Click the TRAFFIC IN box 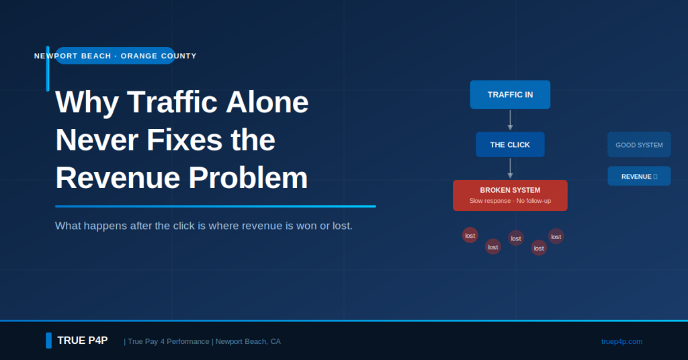(510, 94)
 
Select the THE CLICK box (510, 144)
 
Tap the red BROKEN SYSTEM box (510, 195)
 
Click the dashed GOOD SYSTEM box (639, 144)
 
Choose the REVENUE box (639, 176)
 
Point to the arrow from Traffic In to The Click (510, 120)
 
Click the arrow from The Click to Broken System (510, 169)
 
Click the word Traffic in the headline (172, 102)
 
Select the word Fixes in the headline (185, 140)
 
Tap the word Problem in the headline (248, 178)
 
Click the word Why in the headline (87, 103)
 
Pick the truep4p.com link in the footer (621, 342)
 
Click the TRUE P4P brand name (83, 341)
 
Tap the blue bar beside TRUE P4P (48, 341)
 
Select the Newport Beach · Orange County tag (116, 56)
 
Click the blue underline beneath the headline (216, 206)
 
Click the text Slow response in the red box (490, 201)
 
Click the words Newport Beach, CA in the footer (248, 342)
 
